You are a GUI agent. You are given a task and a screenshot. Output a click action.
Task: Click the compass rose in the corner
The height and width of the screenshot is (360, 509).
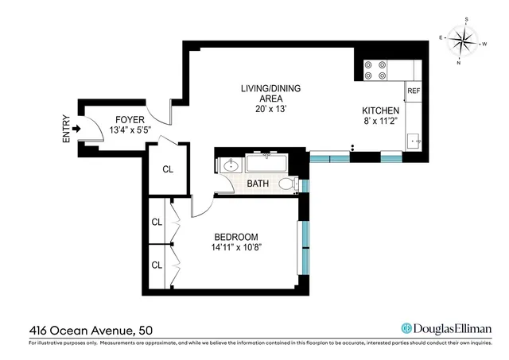(x=461, y=38)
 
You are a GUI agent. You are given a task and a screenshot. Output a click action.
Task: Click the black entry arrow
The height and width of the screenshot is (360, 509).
(x=77, y=128)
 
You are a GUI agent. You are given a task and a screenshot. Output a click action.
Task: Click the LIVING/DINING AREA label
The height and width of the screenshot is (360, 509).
(x=271, y=93)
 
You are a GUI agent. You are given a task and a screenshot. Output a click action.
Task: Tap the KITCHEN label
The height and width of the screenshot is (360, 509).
(x=378, y=111)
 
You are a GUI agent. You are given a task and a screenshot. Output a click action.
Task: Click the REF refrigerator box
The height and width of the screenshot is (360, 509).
(x=414, y=91)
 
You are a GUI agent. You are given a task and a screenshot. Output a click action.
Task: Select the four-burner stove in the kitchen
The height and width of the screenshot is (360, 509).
(x=375, y=71)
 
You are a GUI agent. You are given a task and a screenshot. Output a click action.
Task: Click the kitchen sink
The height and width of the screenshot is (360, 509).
(x=413, y=141)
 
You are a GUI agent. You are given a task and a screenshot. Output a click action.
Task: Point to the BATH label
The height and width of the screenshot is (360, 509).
(x=258, y=184)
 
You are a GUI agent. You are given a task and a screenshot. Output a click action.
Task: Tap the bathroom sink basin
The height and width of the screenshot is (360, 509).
(x=231, y=166)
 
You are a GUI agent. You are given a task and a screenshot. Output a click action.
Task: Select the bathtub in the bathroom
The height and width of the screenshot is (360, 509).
(x=266, y=165)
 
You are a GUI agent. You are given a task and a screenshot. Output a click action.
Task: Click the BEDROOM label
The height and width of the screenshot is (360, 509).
(x=236, y=237)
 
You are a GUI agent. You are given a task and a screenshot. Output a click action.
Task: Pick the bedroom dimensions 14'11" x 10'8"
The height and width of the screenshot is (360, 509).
(x=236, y=248)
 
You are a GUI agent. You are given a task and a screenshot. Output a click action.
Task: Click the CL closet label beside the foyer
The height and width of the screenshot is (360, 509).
(x=168, y=169)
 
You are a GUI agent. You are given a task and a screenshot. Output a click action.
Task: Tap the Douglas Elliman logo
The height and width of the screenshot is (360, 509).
(x=446, y=328)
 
